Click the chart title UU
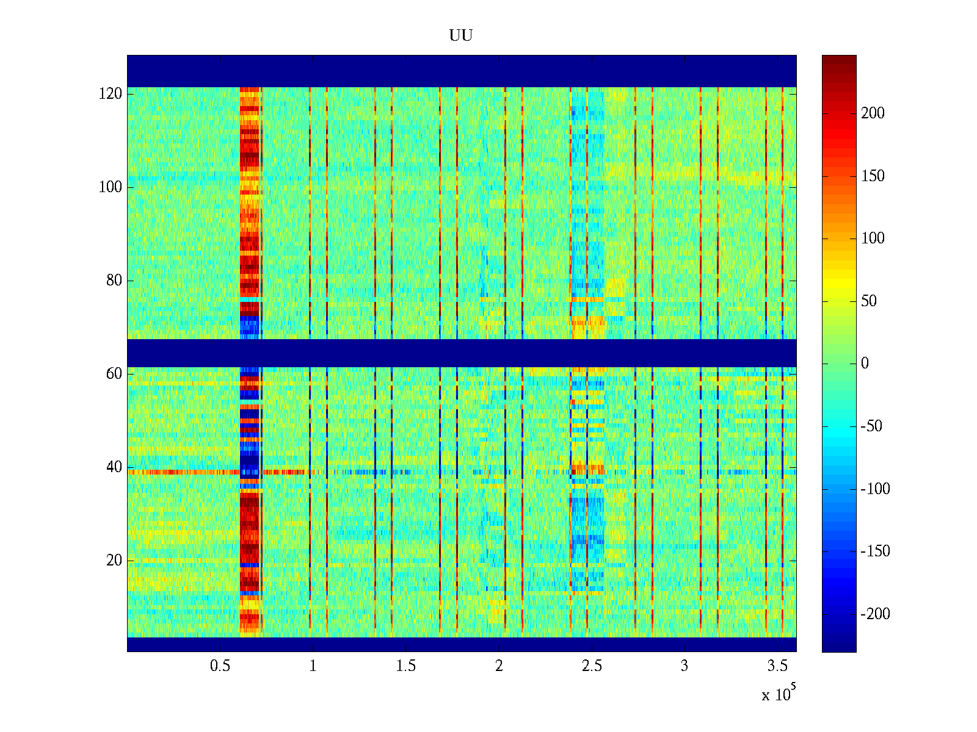point(461,36)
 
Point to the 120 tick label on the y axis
point(111,94)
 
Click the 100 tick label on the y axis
point(111,187)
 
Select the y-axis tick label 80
point(114,281)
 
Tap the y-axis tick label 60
point(114,374)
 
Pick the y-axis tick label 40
point(114,467)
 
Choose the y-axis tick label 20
point(114,561)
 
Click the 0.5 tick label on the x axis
point(220,666)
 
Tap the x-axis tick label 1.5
point(405,666)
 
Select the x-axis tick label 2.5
point(592,666)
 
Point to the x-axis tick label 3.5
point(777,666)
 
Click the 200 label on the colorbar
point(873,113)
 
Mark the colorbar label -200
point(875,614)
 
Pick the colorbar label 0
point(865,364)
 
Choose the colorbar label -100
point(875,489)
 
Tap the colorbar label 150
point(873,176)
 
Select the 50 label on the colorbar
point(869,301)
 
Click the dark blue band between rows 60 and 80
point(461,353)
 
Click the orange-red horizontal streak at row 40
point(183,472)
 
